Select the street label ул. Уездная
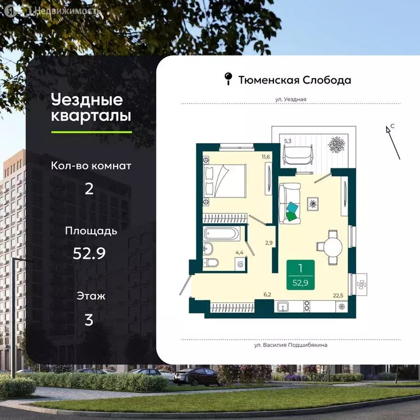coord(290,100)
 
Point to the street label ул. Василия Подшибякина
coord(290,345)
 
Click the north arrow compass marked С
coord(390,139)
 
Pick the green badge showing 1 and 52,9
coord(300,274)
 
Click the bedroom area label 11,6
coord(266,157)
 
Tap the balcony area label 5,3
coord(288,141)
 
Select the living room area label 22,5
coord(337,295)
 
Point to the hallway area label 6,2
coord(267,295)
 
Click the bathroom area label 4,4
coord(239,252)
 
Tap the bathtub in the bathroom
coord(221,234)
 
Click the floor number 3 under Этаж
coord(89,320)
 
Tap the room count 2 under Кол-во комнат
coord(89,189)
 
